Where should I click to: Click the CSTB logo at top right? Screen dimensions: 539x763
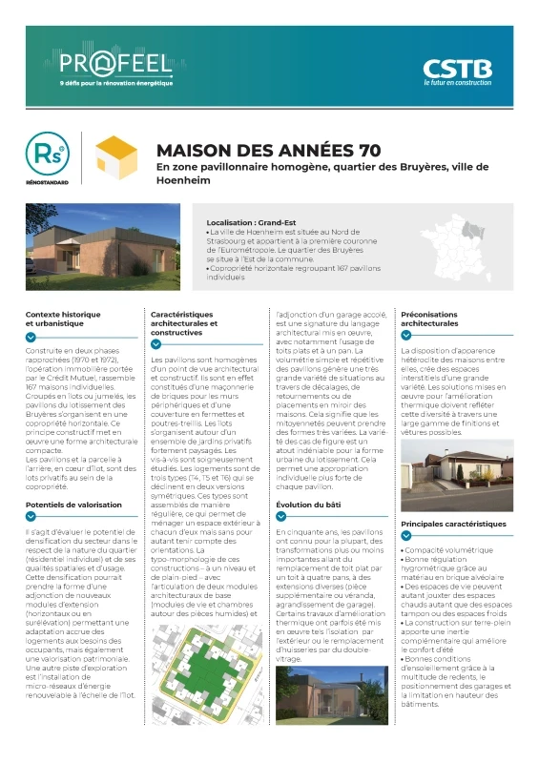(457, 69)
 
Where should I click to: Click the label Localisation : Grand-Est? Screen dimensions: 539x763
(242, 220)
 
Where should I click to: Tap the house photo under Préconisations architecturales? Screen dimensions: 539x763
(454, 476)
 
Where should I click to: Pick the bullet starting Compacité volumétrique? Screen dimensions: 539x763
(452, 552)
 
